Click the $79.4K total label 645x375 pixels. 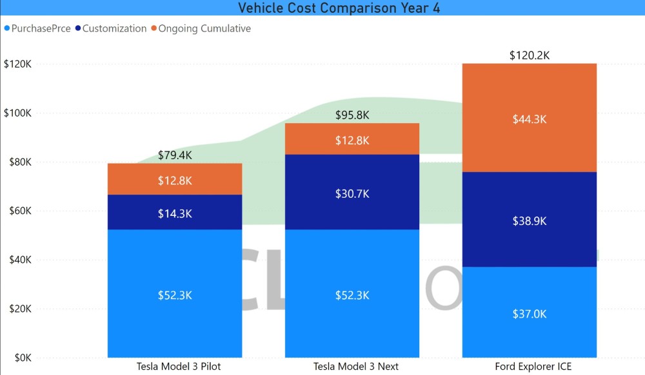click(x=175, y=155)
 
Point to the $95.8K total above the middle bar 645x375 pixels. click(x=352, y=115)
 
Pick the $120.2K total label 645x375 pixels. click(x=529, y=55)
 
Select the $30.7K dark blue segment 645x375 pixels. click(x=352, y=192)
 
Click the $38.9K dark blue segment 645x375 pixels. click(x=529, y=220)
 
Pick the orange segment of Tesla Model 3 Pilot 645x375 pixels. click(x=175, y=180)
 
